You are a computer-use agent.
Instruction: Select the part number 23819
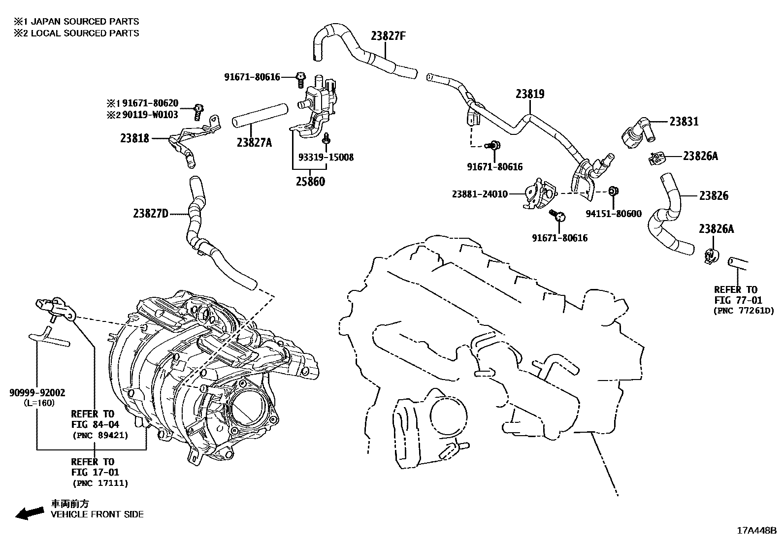(x=530, y=94)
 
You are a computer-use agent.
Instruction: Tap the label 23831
(x=684, y=121)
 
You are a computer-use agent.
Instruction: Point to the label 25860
(x=310, y=181)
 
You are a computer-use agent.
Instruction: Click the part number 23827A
(x=254, y=142)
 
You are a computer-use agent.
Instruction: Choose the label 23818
(x=134, y=138)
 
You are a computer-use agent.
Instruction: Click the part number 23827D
(x=151, y=213)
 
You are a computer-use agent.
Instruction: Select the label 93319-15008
(x=326, y=158)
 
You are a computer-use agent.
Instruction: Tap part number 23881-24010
(x=480, y=194)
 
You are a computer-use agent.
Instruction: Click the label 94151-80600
(x=614, y=214)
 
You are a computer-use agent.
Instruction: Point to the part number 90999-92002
(x=37, y=393)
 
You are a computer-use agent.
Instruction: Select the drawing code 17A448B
(x=756, y=530)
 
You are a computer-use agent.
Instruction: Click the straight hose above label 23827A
(x=260, y=115)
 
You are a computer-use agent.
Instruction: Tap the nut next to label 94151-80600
(x=613, y=191)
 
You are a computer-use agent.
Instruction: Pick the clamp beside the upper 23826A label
(x=656, y=158)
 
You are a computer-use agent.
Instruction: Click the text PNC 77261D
(x=744, y=311)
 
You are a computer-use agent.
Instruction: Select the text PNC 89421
(x=100, y=435)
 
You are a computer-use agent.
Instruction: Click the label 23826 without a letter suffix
(x=714, y=196)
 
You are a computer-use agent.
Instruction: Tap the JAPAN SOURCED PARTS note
(x=76, y=22)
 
